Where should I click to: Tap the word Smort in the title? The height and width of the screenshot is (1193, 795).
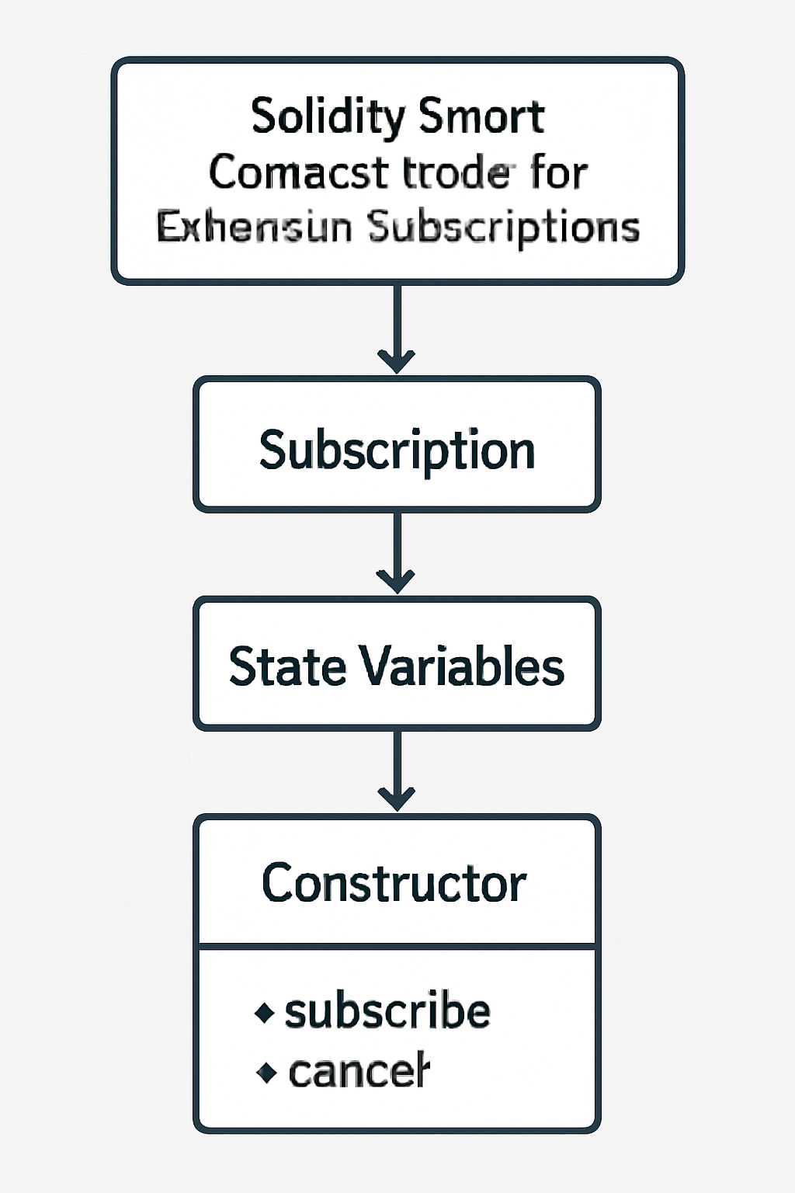481,117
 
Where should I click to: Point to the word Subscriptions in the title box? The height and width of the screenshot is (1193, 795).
503,228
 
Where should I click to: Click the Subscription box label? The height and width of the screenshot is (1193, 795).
397,450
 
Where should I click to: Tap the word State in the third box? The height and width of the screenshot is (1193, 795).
286,666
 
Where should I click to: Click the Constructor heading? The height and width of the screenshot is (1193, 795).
394,884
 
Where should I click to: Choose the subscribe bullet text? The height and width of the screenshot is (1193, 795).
387,1012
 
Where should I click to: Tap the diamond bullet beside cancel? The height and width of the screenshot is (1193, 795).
266,1073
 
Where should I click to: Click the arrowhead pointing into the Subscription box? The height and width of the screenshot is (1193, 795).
397,362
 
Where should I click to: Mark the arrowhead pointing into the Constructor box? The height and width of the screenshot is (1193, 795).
397,799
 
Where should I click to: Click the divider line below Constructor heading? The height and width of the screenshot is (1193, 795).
397,946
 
